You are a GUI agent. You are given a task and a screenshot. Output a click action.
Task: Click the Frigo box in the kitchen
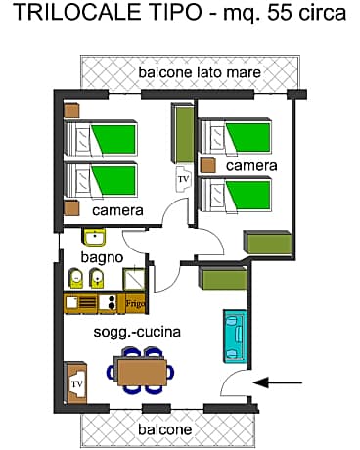pos(135,304)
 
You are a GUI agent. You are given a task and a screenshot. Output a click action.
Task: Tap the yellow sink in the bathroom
pos(95,237)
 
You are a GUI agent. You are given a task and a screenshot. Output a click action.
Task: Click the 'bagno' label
pos(102,257)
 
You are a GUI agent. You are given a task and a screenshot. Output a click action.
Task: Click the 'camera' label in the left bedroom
pos(118,209)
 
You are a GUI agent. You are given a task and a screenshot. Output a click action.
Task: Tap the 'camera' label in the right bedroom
pos(251,165)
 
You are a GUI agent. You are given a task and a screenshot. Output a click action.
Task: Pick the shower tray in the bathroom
pos(134,278)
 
